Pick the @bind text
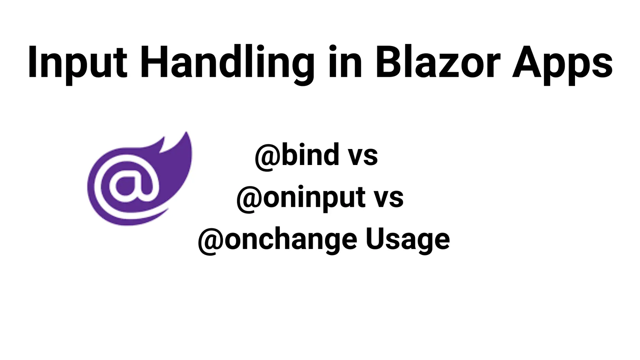297,156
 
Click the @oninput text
301,197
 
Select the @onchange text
278,240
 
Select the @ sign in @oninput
249,199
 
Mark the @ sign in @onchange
211,241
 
